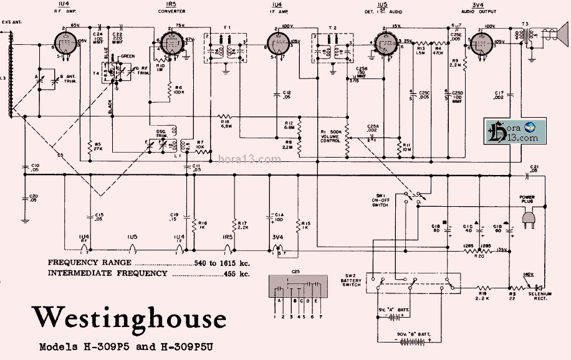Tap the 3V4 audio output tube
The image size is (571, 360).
tap(481, 44)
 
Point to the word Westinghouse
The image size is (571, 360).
tap(129, 318)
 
